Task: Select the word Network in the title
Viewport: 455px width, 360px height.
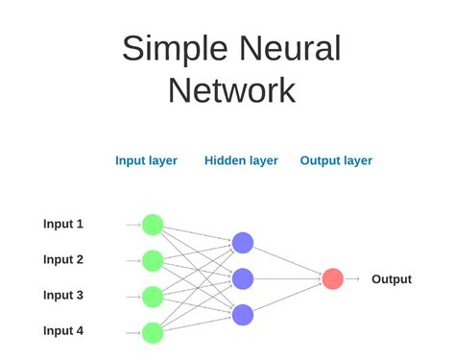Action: pos(231,91)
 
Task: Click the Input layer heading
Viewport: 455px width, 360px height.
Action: pos(146,161)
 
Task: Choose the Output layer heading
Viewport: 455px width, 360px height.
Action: pos(336,161)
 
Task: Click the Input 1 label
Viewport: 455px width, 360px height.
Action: pos(63,224)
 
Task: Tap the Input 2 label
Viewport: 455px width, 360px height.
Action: pos(63,259)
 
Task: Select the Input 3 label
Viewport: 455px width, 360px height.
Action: pos(63,296)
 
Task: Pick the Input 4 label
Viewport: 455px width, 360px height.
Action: pos(63,331)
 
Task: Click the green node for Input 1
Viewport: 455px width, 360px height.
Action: pos(152,225)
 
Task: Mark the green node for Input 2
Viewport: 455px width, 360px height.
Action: pos(152,260)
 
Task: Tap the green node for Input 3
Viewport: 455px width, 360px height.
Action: pos(152,296)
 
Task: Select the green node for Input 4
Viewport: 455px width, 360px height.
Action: pos(152,332)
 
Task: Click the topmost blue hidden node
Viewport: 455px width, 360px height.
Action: pos(243,243)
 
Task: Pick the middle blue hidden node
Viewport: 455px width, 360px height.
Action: pos(243,278)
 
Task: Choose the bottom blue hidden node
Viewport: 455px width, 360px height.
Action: pos(243,314)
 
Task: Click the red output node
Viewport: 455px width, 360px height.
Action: pos(332,278)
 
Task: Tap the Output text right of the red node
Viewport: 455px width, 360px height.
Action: pos(392,279)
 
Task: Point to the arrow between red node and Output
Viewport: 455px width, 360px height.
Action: pos(353,278)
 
